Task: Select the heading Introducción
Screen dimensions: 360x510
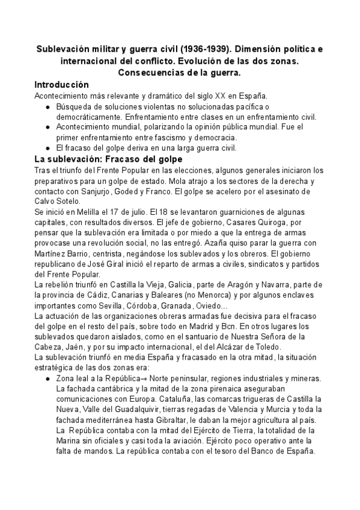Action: (61, 85)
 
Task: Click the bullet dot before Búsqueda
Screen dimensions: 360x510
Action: (48, 106)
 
